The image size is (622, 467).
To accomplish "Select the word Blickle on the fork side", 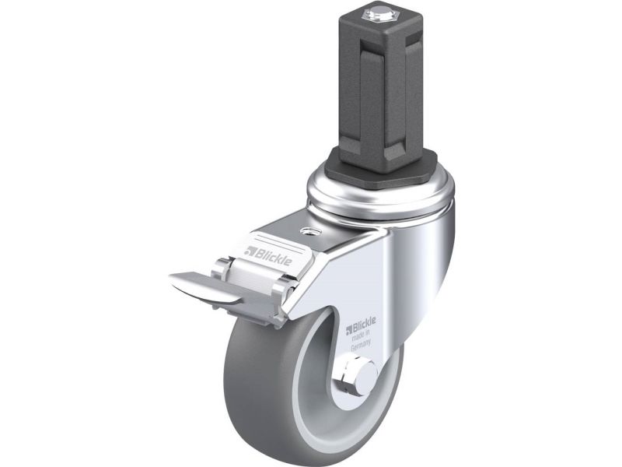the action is click(364, 325).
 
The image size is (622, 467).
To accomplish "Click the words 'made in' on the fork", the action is click(362, 335).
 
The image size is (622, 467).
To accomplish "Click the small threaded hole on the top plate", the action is click(307, 231).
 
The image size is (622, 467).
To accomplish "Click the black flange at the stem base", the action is click(380, 166).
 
